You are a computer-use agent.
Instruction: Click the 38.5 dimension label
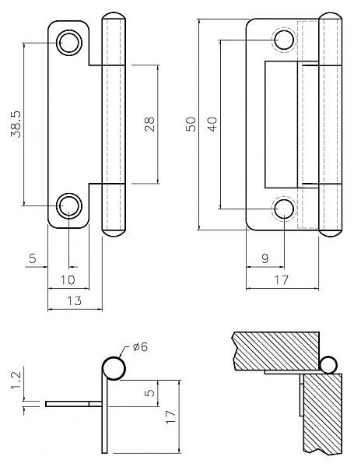16,125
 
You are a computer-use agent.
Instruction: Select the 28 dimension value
149,125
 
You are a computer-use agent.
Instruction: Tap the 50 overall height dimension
191,125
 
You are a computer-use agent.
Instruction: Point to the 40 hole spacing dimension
212,125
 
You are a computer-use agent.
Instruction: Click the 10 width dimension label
68,280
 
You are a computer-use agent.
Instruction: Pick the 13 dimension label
74,300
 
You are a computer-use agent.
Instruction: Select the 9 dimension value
265,258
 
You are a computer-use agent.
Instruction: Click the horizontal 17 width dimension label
282,280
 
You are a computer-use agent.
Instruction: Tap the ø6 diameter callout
140,346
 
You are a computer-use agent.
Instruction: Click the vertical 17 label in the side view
170,417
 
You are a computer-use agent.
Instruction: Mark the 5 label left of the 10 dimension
33,258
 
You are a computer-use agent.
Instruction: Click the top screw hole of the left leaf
69,43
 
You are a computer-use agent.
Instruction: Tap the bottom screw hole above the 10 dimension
69,205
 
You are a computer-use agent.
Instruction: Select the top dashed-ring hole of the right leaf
284,40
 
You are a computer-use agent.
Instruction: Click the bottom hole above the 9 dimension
284,209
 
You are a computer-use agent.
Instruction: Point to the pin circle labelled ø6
114,368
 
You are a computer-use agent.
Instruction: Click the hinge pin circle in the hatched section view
328,365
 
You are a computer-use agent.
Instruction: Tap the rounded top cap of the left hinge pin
114,16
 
